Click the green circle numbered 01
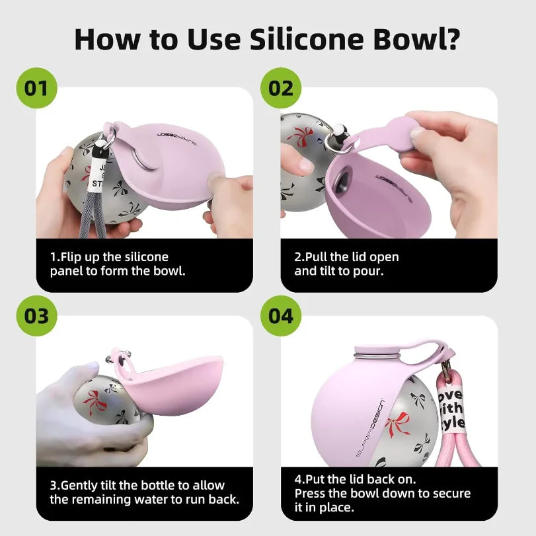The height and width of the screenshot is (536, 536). pos(37,87)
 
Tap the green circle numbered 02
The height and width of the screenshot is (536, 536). pos(282,87)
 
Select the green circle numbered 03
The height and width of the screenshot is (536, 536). pos(37,315)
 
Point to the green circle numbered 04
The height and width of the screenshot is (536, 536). pos(282,315)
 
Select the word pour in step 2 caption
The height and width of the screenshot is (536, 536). pos(384,271)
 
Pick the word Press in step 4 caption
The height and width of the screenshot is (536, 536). pos(311,494)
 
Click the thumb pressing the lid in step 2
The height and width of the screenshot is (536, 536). pos(416,132)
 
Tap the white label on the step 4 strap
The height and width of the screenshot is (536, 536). pos(451,410)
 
